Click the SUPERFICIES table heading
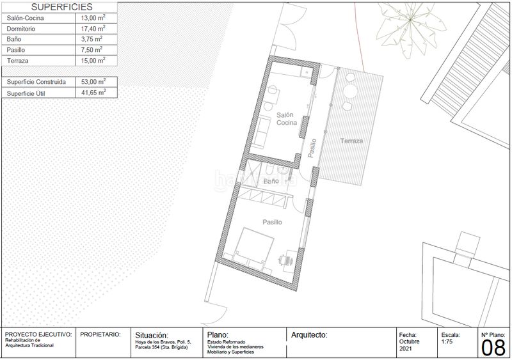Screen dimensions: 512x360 [x=61, y=7]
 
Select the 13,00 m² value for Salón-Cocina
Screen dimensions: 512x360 [x=93, y=18]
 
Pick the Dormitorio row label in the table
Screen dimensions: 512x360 [x=21, y=29]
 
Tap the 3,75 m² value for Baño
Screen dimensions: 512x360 [x=92, y=39]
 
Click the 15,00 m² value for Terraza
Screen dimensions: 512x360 [x=93, y=60]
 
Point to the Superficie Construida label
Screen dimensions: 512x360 [x=36, y=82]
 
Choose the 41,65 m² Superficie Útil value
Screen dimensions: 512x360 [x=93, y=92]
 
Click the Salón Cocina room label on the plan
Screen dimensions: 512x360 [x=286, y=119]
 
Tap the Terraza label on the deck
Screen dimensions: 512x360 [x=351, y=141]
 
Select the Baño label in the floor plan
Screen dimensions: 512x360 [x=271, y=181]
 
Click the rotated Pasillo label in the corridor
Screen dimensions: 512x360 [x=312, y=148]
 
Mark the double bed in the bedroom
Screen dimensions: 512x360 [x=253, y=248]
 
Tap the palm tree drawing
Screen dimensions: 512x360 [x=410, y=27]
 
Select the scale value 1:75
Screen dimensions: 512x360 [x=447, y=341]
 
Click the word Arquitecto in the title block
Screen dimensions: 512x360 [x=309, y=335]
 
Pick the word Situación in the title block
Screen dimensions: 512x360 [x=152, y=335]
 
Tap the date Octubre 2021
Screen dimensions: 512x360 [x=409, y=345]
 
